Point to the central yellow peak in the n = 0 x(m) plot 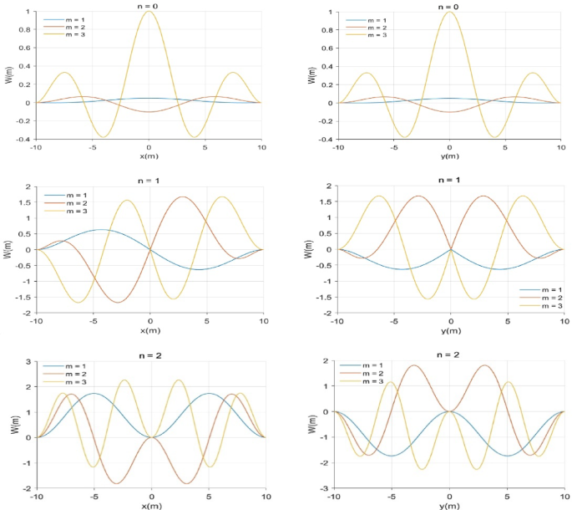[x=149, y=12]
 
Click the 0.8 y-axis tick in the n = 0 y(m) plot [x=327, y=30]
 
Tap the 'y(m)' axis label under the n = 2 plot [x=449, y=505]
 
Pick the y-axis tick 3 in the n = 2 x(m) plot [x=29, y=361]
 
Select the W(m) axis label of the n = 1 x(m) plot [x=8, y=248]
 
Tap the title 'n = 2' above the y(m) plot [x=449, y=354]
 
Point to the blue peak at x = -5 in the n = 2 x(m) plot [x=94, y=394]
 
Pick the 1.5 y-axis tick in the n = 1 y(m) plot [x=328, y=201]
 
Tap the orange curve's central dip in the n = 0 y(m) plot [x=449, y=112]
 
